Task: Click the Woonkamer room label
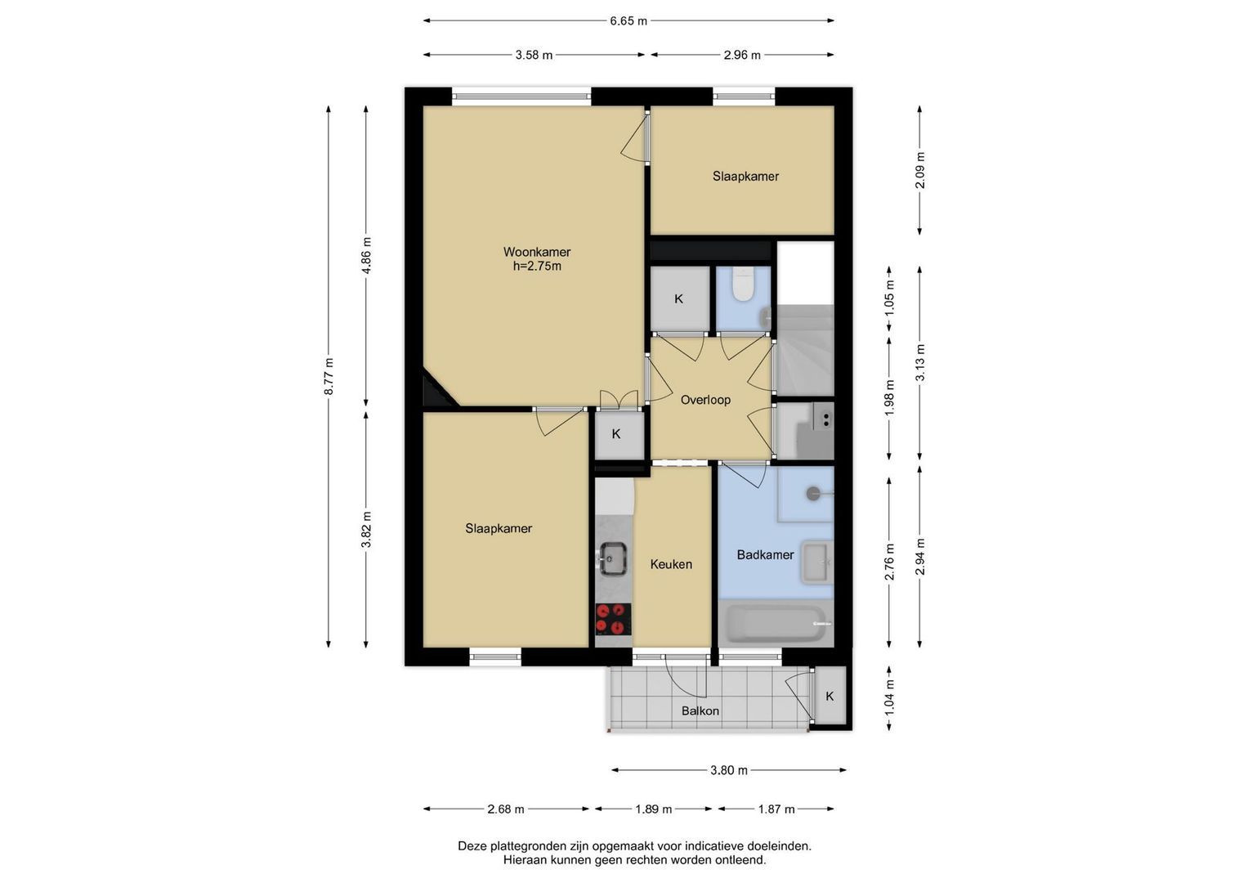(536, 252)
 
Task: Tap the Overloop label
(705, 400)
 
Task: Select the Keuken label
(671, 564)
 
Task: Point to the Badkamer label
(765, 554)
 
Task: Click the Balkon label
(700, 710)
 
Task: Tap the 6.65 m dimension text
(628, 21)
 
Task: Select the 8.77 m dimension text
(329, 376)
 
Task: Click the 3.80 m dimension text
(729, 770)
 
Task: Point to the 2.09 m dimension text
(919, 170)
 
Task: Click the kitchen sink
(613, 558)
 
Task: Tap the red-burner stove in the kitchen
(613, 620)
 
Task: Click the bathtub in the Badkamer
(776, 623)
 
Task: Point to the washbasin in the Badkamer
(816, 562)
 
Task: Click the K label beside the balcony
(830, 697)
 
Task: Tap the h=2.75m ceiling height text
(537, 267)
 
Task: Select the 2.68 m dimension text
(506, 809)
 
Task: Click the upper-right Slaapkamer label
(745, 176)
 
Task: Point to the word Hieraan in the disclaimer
(524, 859)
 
